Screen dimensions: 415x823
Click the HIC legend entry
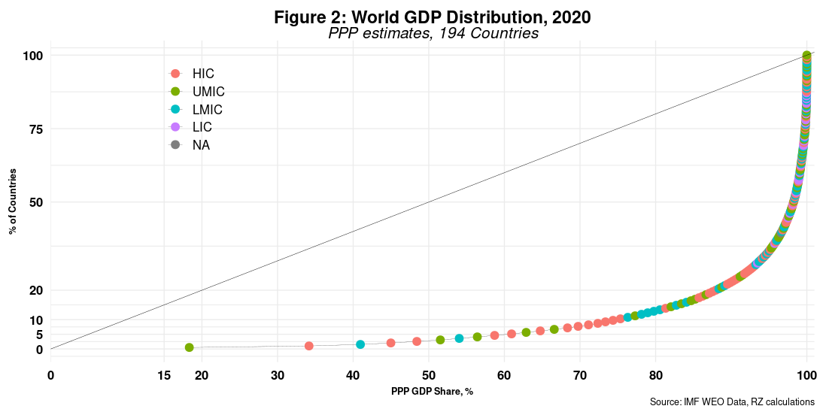[194, 74]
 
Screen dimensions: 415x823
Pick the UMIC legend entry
[199, 92]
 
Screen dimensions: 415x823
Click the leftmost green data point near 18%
[190, 347]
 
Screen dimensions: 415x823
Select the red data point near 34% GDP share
[308, 346]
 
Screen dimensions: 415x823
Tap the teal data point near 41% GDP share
[360, 344]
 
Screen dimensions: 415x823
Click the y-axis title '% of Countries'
[13, 202]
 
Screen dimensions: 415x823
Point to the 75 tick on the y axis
[35, 129]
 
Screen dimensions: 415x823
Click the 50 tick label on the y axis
[35, 203]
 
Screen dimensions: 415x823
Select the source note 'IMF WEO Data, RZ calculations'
[732, 403]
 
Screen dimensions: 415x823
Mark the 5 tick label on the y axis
[39, 335]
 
